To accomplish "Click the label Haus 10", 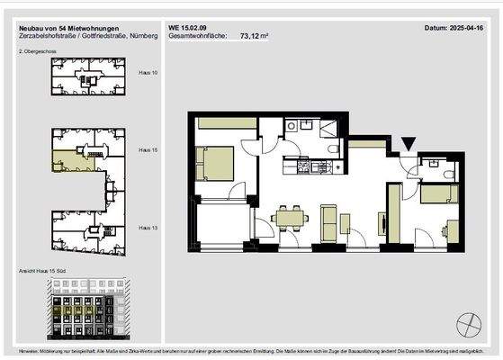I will (149, 71).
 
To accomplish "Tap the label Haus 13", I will (149, 229).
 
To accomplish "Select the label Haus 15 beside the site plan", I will (149, 150).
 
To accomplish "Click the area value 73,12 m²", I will (256, 38).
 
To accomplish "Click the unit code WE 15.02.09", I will (188, 29).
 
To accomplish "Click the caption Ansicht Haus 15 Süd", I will (43, 271).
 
